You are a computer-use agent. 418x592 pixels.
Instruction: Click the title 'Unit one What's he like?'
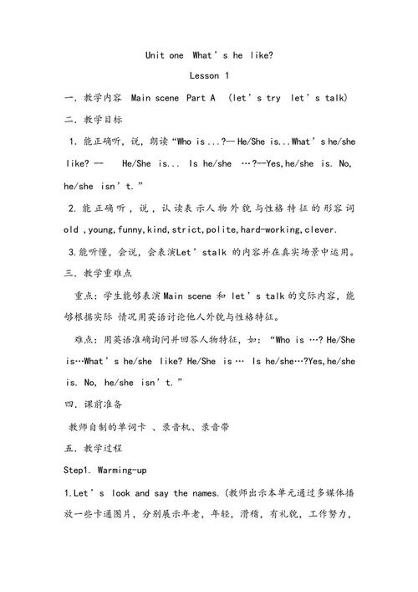[208, 55]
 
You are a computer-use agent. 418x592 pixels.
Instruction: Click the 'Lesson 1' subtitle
[208, 76]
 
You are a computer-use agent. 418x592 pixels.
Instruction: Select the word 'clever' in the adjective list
[319, 229]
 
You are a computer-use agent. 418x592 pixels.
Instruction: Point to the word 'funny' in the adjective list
[130, 229]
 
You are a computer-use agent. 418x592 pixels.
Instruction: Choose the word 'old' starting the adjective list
[71, 229]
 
